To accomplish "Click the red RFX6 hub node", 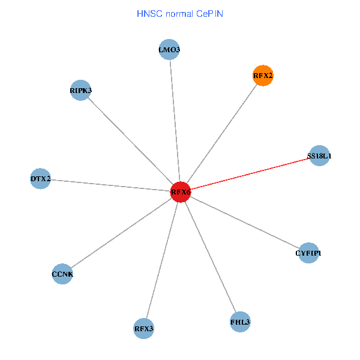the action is point(181,192).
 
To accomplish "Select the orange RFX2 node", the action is point(263,76).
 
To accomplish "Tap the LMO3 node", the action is point(170,50).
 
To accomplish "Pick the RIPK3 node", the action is point(80,91).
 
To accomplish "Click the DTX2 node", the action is point(40,179).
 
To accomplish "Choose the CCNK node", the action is point(62,274).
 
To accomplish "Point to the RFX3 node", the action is point(143,328).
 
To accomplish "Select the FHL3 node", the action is point(240,322).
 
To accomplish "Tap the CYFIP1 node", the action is point(308,253).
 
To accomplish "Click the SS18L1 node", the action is point(319,156).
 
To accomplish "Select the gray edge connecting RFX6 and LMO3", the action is point(175,121).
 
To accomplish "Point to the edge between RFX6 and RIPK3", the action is point(130,141).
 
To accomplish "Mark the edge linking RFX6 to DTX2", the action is point(110,185).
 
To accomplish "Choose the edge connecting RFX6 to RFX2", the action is point(222,134).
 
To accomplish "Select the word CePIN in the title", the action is point(209,13).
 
